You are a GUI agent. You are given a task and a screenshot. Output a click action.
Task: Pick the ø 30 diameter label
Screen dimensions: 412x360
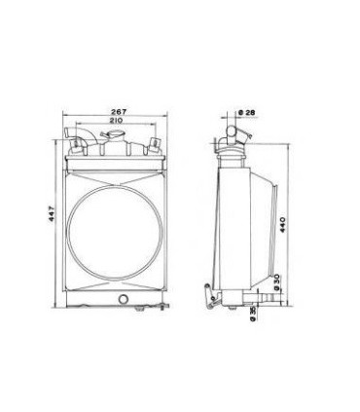279,282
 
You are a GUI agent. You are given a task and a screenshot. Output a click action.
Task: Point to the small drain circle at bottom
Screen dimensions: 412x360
123,298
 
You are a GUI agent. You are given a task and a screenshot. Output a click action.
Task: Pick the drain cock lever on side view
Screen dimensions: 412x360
208,293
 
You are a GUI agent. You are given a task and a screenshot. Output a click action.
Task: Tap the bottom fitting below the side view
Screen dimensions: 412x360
234,305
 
